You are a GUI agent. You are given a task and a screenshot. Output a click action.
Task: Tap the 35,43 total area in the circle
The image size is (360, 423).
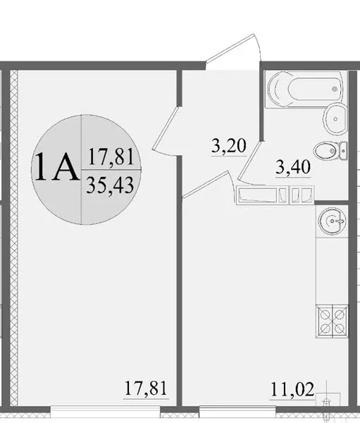coord(110,185)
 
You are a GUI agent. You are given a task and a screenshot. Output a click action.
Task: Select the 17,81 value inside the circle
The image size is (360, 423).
coord(111,157)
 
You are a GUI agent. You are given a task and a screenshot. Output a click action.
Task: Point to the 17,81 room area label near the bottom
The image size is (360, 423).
coord(146,388)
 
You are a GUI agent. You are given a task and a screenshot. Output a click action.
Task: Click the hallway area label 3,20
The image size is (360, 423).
coord(229,146)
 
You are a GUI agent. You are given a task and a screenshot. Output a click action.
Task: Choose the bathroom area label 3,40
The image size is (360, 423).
coord(293,167)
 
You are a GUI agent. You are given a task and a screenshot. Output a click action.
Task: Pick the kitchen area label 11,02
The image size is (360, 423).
coord(292,390)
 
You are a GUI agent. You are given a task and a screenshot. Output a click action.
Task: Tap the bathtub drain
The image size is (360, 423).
coord(335,89)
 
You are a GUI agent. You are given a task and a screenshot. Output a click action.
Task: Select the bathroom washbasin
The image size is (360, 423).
coord(335,119)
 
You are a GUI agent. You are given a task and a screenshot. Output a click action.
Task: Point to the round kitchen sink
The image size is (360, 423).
coord(332,221)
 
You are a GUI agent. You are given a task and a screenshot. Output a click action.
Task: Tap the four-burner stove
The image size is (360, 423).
coord(332,321)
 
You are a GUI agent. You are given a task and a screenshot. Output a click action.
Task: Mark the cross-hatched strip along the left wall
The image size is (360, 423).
coord(14,238)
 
